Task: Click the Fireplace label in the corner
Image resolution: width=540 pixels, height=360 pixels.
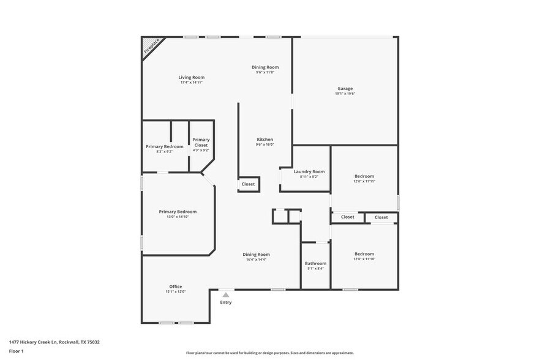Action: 151,47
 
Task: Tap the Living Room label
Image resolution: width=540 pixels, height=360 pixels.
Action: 192,78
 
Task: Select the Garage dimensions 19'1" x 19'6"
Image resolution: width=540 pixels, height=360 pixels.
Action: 345,94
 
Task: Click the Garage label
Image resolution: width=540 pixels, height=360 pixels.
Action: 345,88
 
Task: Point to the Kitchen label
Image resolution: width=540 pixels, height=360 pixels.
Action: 264,140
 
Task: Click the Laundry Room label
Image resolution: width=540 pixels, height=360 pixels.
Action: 309,171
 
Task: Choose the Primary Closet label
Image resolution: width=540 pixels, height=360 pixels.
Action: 201,142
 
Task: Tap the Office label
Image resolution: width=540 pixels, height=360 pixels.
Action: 176,287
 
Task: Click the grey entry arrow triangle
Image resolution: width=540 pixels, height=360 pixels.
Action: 225,294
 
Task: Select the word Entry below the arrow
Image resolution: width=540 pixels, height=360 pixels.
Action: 226,302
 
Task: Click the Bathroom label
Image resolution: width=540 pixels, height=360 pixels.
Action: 316,263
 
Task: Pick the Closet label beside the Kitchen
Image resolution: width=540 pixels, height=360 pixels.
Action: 248,184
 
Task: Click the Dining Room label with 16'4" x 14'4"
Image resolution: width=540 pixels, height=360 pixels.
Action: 256,254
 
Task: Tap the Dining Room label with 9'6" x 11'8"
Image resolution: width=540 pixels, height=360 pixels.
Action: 265,67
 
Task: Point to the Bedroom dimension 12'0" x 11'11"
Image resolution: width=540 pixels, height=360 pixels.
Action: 364,181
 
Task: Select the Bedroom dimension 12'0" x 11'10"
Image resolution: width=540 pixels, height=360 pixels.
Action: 364,259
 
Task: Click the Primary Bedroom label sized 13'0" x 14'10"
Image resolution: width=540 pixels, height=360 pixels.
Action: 178,212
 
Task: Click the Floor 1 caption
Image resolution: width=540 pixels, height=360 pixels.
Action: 16,351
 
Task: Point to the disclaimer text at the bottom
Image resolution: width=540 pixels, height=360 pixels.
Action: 270,353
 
